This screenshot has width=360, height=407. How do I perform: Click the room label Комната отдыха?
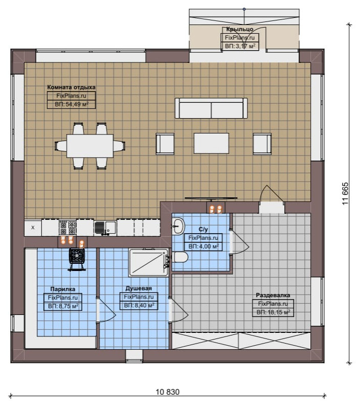click(x=71, y=87)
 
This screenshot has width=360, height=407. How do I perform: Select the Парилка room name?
click(x=63, y=289)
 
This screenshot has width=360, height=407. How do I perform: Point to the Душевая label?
click(x=139, y=288)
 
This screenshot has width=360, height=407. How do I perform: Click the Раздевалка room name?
click(x=273, y=295)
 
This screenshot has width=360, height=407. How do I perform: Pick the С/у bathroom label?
click(x=203, y=229)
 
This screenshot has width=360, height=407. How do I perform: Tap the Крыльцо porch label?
click(x=239, y=29)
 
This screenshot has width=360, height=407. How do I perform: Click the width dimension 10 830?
click(x=168, y=392)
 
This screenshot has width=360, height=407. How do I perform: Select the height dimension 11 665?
click(x=346, y=194)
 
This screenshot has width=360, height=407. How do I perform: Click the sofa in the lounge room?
click(x=211, y=108)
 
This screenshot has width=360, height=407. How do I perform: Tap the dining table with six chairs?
click(x=90, y=146)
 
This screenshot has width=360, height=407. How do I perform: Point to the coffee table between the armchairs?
click(x=211, y=143)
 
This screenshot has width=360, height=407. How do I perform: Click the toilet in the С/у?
click(x=181, y=257)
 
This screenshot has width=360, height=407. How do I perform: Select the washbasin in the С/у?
click(x=178, y=225)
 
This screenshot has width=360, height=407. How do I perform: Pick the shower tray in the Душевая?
click(x=149, y=263)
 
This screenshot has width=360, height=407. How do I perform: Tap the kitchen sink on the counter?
click(x=105, y=228)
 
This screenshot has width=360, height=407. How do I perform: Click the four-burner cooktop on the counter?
click(x=67, y=228)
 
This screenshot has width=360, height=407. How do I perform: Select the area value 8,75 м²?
click(x=63, y=306)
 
